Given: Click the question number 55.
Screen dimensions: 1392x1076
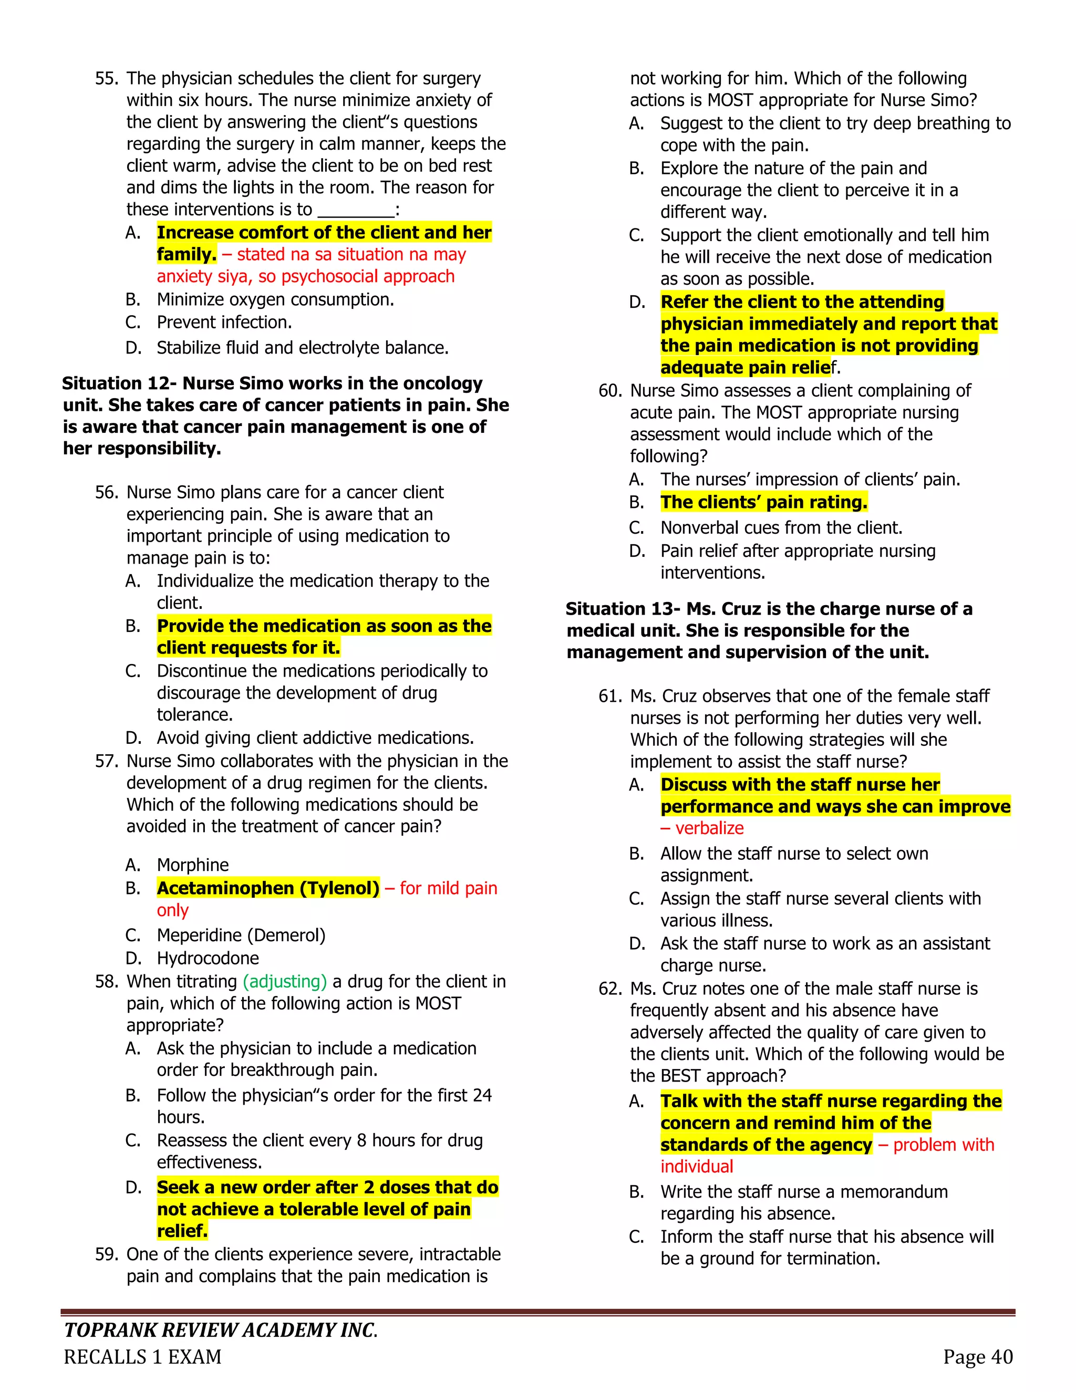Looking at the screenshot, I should coord(107,79).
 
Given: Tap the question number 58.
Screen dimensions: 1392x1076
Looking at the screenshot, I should coord(107,982).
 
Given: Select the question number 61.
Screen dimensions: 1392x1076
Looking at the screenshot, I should coord(610,696).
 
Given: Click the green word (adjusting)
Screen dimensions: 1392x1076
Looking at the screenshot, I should coord(285,982).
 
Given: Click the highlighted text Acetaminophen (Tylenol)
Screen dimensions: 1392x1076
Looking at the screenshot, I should coord(268,888).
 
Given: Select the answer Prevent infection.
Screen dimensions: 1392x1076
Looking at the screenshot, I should coord(224,323).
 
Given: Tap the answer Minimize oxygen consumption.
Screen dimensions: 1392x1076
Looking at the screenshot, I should coord(275,299).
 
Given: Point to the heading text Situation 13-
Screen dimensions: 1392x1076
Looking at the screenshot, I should coord(624,609).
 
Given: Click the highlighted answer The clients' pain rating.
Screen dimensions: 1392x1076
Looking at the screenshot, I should coord(763,502).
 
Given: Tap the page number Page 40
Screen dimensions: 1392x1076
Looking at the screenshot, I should coord(978,1357).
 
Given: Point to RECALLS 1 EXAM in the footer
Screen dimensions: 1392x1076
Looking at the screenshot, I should coord(143,1357).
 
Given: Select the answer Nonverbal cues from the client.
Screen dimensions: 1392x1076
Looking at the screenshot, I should coord(781,528).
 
